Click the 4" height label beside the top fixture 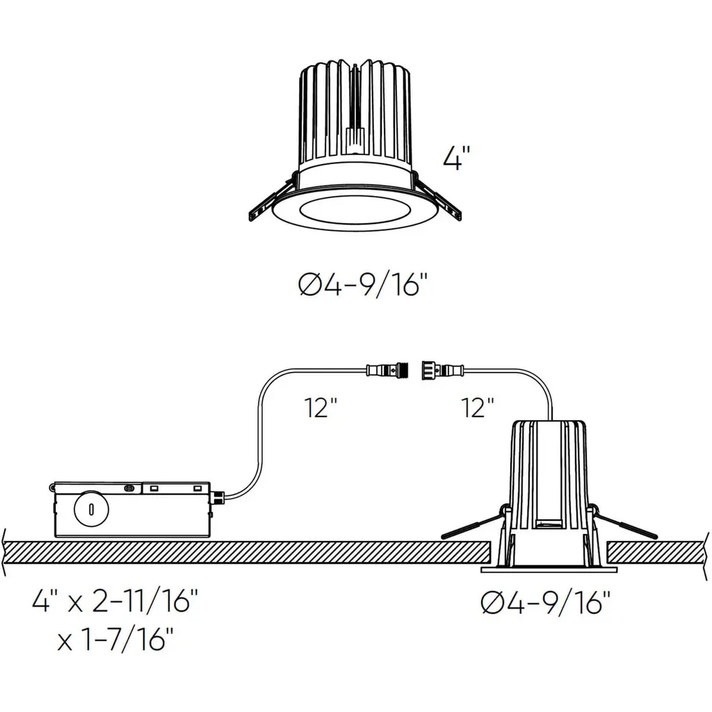click(456, 158)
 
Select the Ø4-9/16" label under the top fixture click(363, 286)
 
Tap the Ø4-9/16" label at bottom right click(545, 604)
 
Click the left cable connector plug click(387, 370)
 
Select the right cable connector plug click(443, 370)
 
